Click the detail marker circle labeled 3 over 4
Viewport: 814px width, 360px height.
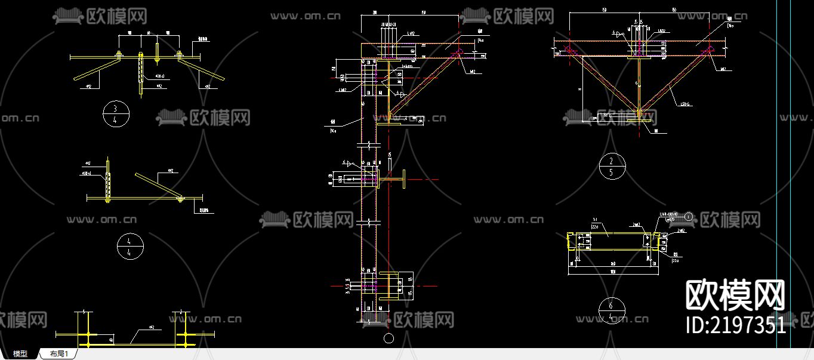(x=116, y=114)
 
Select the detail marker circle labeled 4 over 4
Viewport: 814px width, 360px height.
(x=131, y=246)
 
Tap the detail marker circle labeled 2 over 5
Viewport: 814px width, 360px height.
(x=612, y=166)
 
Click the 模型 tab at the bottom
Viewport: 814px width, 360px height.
(x=20, y=354)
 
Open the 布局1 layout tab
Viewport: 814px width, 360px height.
(x=59, y=354)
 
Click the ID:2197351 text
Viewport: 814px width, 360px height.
(x=736, y=325)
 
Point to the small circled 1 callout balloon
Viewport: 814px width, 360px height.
(x=689, y=217)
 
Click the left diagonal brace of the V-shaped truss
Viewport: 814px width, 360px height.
(x=603, y=81)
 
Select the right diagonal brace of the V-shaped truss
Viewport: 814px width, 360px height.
(x=674, y=81)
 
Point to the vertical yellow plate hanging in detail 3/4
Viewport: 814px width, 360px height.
(x=141, y=74)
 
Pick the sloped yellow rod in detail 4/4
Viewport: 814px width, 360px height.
(x=158, y=186)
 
